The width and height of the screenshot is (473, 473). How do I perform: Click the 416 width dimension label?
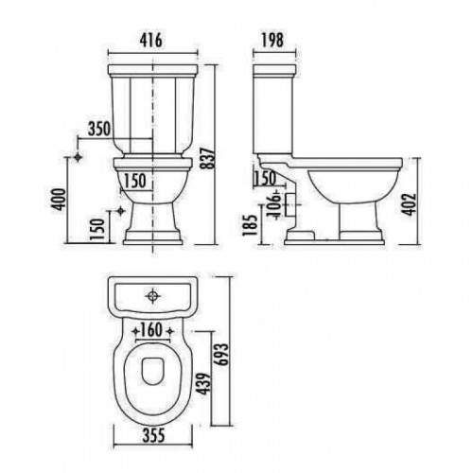151,41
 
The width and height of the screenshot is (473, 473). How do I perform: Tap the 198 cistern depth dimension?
272,41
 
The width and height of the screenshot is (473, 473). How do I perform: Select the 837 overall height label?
209,158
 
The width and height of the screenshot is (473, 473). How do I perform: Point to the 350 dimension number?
99,129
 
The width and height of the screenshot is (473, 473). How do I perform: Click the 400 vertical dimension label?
59,199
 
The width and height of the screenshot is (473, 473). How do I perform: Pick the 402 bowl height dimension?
411,204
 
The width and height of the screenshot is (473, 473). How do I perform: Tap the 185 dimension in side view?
250,225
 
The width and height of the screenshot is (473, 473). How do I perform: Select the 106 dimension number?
273,204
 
